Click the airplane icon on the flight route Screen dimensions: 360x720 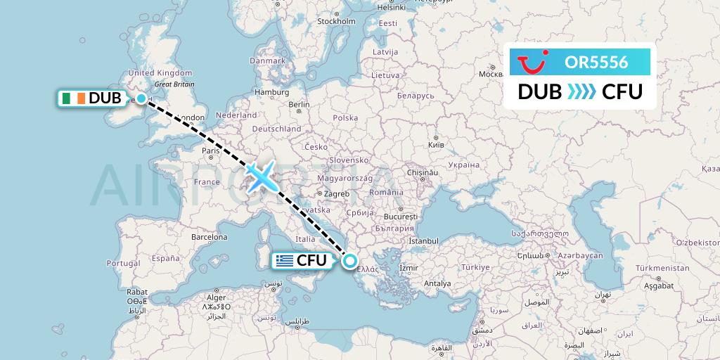tap(261, 176)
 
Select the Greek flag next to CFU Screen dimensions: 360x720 tap(284, 261)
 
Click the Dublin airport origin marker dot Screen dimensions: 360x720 tap(141, 98)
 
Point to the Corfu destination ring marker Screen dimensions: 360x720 tap(349, 262)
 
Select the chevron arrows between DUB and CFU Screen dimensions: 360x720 tap(580, 91)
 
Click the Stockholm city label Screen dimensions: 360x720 tap(336, 21)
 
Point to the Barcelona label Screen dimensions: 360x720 tap(210, 237)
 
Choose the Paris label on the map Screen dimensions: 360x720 tap(212, 150)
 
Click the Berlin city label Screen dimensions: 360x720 tap(298, 105)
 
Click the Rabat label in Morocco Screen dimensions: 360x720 tap(136, 291)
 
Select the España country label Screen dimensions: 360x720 tap(165, 258)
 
